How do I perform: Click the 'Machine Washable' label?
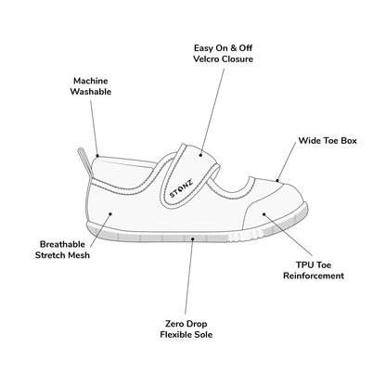point(91,86)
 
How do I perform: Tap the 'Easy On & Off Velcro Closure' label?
point(223,54)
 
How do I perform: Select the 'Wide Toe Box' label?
point(328,141)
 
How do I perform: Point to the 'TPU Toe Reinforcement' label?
point(314,270)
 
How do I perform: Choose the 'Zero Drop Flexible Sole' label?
point(187,329)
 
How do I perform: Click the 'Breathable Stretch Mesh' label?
point(62,250)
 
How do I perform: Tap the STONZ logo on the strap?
point(181,188)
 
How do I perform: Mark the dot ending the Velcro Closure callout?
point(200,155)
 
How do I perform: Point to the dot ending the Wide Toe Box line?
point(277,181)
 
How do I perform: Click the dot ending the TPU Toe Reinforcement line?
point(264,213)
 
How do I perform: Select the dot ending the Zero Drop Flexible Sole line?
point(192,238)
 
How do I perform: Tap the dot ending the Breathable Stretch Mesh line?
point(110,213)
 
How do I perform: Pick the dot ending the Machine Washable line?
point(97,156)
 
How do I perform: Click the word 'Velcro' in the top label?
point(206,59)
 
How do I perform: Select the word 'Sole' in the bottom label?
point(203,334)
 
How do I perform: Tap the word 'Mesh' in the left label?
point(79,255)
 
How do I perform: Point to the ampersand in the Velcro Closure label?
point(233,48)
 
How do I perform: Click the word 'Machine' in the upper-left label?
point(91,81)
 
